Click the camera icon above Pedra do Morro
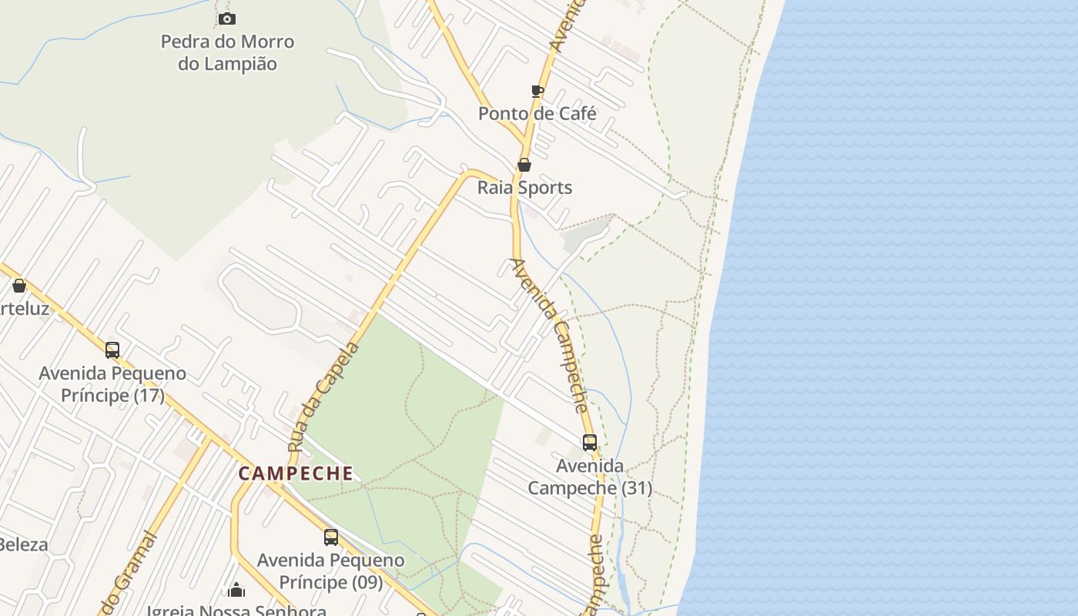[x=226, y=18]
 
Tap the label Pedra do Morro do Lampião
[x=227, y=52]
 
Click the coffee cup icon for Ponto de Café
[x=537, y=92]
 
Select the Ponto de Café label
[x=537, y=114]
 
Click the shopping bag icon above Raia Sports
[x=524, y=165]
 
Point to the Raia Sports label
[x=524, y=188]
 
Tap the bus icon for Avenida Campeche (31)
[x=590, y=443]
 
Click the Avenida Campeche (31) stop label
[x=590, y=477]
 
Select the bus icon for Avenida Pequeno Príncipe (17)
[x=112, y=350]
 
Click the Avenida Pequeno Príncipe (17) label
[x=112, y=384]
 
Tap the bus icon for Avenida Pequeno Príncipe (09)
[x=331, y=537]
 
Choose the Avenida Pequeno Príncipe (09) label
[x=331, y=571]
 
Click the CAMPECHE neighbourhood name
[x=296, y=474]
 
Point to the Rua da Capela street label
[x=323, y=397]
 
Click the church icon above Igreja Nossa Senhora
[x=236, y=590]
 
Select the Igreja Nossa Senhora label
[x=236, y=610]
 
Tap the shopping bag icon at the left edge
[x=19, y=286]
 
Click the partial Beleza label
[x=23, y=545]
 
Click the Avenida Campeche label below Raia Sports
[x=551, y=335]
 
